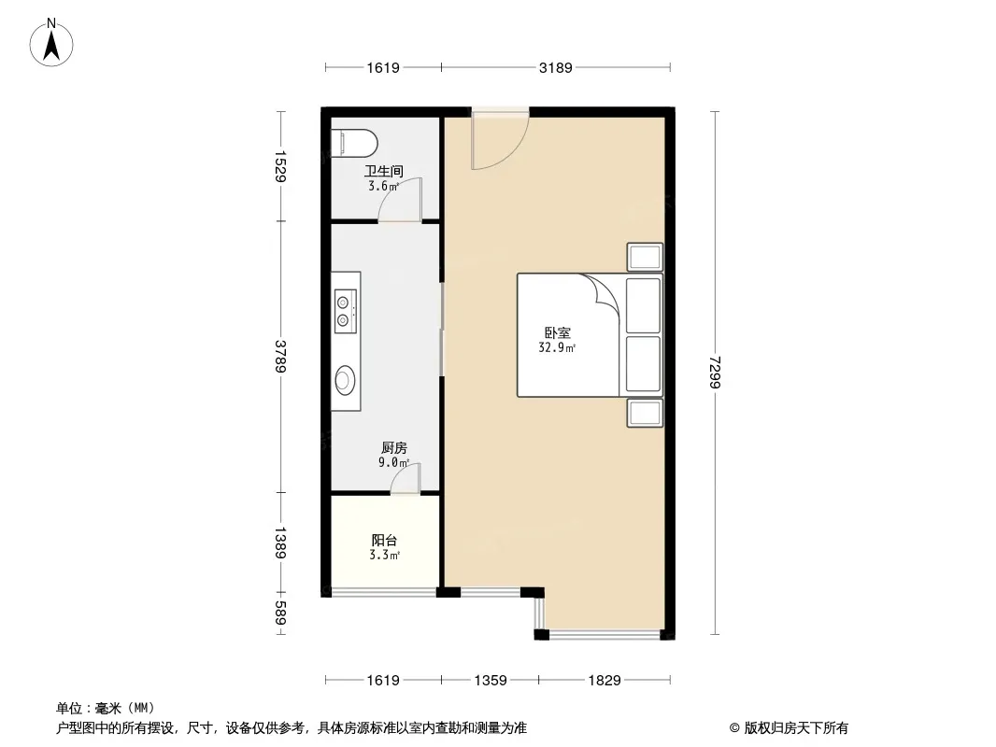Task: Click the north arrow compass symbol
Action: pos(51,43)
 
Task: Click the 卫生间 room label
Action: pos(384,172)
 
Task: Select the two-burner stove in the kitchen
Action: pos(346,311)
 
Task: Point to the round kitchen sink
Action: pos(344,381)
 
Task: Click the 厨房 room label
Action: pos(394,447)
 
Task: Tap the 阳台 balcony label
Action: pos(384,540)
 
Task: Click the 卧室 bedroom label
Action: pos(557,332)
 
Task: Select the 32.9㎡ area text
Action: pos(557,347)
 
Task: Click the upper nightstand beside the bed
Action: pos(645,257)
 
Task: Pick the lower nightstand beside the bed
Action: pos(645,413)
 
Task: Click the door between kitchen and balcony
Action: pos(406,478)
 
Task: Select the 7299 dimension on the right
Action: pos(716,373)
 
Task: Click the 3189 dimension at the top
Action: pos(556,67)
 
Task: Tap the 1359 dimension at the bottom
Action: pos(491,681)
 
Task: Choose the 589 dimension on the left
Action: pos(280,613)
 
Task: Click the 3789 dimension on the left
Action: pos(280,356)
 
